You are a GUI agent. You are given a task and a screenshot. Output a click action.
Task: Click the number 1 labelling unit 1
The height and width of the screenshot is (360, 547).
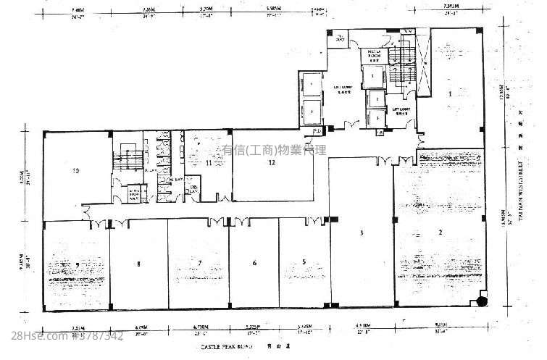point(450,93)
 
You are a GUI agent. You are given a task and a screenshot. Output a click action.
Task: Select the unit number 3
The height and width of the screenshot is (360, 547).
point(360,233)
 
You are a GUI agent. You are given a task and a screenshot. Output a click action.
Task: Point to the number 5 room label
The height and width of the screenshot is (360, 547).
point(304,262)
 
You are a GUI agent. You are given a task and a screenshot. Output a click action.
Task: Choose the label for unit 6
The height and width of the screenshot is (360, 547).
point(254,263)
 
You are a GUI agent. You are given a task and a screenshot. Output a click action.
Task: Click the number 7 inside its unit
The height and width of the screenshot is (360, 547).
point(199,262)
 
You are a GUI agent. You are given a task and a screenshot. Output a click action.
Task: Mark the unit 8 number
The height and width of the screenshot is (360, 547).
point(138,264)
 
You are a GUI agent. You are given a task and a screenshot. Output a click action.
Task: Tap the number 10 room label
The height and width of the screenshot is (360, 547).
point(75,172)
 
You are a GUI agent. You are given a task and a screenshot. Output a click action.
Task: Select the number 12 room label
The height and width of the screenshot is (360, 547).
point(272,163)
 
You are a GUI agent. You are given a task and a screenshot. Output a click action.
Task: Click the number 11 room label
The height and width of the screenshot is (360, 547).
point(209,164)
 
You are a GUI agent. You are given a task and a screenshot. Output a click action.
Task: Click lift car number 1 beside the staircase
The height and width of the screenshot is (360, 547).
point(373,75)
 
